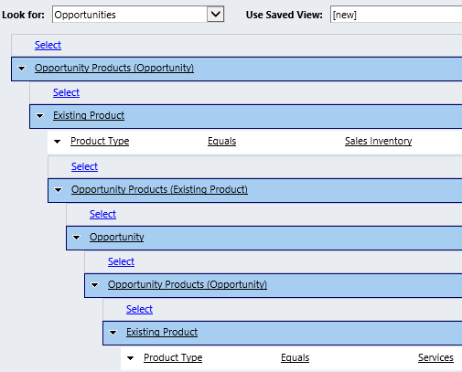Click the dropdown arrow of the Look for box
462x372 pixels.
click(216, 14)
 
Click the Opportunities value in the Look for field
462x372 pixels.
click(85, 15)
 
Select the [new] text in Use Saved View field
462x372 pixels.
click(344, 15)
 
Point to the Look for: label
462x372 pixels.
click(23, 15)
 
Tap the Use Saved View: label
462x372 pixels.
click(285, 15)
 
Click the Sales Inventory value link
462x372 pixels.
click(378, 141)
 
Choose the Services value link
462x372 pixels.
click(435, 357)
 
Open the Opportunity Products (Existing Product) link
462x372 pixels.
click(159, 189)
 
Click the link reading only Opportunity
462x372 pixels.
click(117, 237)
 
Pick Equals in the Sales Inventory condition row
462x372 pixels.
click(221, 141)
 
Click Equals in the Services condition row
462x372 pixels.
click(295, 357)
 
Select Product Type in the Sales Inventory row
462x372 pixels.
click(100, 141)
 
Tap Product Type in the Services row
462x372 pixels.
click(173, 357)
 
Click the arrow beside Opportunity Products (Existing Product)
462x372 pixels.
click(58, 190)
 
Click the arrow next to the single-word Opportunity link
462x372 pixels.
click(76, 238)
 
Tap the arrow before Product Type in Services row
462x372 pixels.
click(130, 358)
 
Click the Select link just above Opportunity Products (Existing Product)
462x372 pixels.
click(84, 166)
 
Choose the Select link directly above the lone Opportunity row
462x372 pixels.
click(102, 214)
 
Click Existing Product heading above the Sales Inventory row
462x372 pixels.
click(89, 115)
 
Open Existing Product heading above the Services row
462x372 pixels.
click(162, 332)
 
